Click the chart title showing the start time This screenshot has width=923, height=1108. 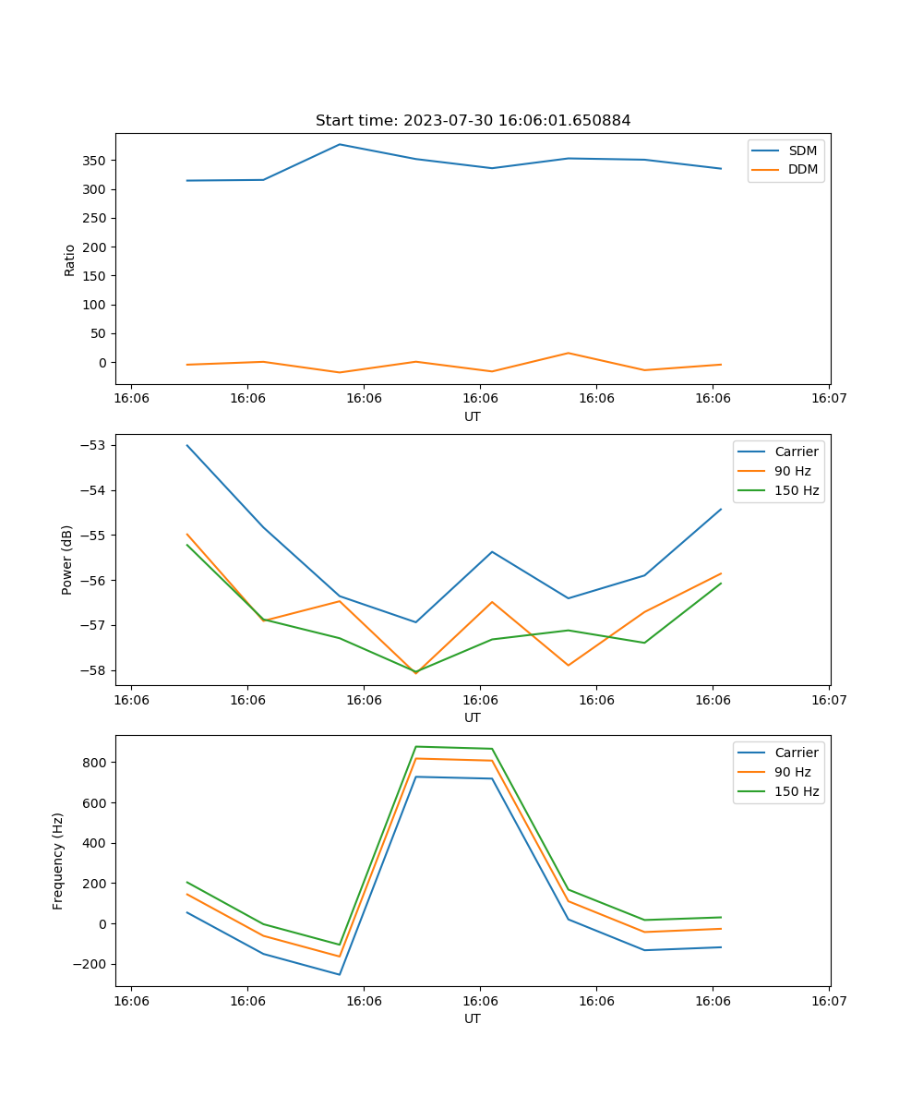tap(473, 121)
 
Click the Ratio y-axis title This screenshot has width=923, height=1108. tap(70, 259)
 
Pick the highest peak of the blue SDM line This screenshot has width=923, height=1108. tap(340, 144)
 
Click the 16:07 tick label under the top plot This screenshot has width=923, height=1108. tap(828, 398)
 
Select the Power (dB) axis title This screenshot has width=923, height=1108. tap(67, 560)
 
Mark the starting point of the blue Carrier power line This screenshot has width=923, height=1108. tap(187, 445)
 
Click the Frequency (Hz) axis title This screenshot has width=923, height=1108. tap(58, 861)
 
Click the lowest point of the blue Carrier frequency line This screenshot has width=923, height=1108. tap(340, 974)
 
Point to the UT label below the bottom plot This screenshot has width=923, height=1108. tap(473, 1018)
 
